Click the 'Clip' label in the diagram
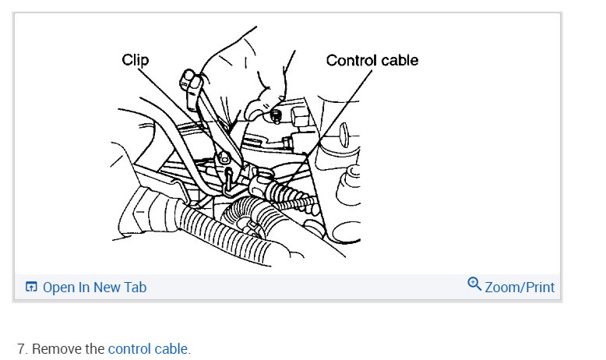click(x=136, y=59)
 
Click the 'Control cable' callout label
click(x=372, y=60)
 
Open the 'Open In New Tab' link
click(x=93, y=287)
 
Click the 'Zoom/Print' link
click(x=520, y=287)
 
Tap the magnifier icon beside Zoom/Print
click(x=474, y=284)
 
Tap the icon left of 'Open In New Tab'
click(x=31, y=287)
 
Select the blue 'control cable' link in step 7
click(x=147, y=348)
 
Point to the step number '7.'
click(x=23, y=348)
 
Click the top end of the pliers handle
click(x=189, y=78)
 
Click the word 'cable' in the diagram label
click(x=399, y=60)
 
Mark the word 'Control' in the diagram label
click(x=351, y=60)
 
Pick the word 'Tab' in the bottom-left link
click(x=135, y=287)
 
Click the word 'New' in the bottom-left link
click(x=107, y=287)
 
